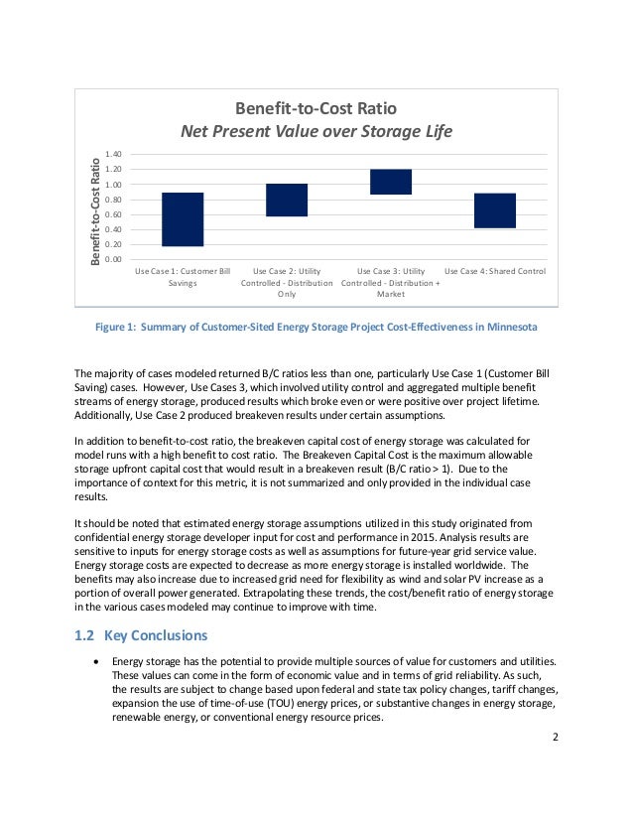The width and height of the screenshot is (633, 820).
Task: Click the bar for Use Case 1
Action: (183, 219)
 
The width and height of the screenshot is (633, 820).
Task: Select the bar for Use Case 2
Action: (287, 200)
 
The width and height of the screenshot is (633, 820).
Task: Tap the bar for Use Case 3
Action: (391, 182)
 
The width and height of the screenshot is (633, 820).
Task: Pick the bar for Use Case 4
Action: (494, 210)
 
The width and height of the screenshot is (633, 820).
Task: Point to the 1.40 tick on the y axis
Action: (112, 155)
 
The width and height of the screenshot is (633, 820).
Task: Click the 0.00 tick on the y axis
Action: (112, 259)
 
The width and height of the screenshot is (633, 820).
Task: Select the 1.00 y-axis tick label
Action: (112, 185)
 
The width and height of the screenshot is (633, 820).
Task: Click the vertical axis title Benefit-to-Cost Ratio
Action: (95, 209)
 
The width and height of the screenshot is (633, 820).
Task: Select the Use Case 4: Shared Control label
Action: (495, 271)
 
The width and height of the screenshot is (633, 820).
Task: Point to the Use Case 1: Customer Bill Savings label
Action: (183, 277)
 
